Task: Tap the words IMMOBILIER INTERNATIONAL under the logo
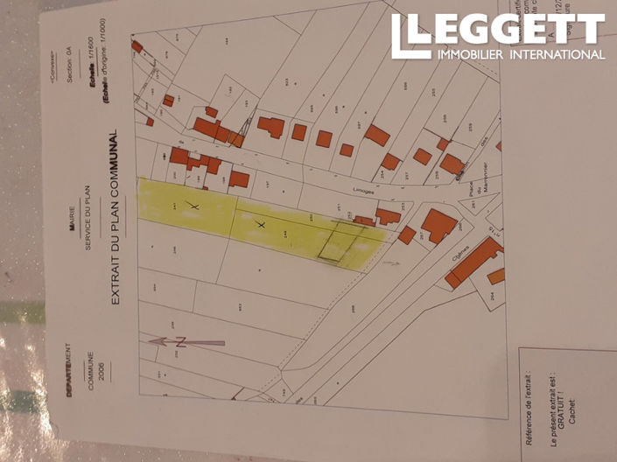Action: coord(521,55)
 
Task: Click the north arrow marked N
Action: coord(186,342)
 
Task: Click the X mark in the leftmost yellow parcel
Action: coord(194,206)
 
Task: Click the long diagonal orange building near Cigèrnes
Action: coord(473,263)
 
